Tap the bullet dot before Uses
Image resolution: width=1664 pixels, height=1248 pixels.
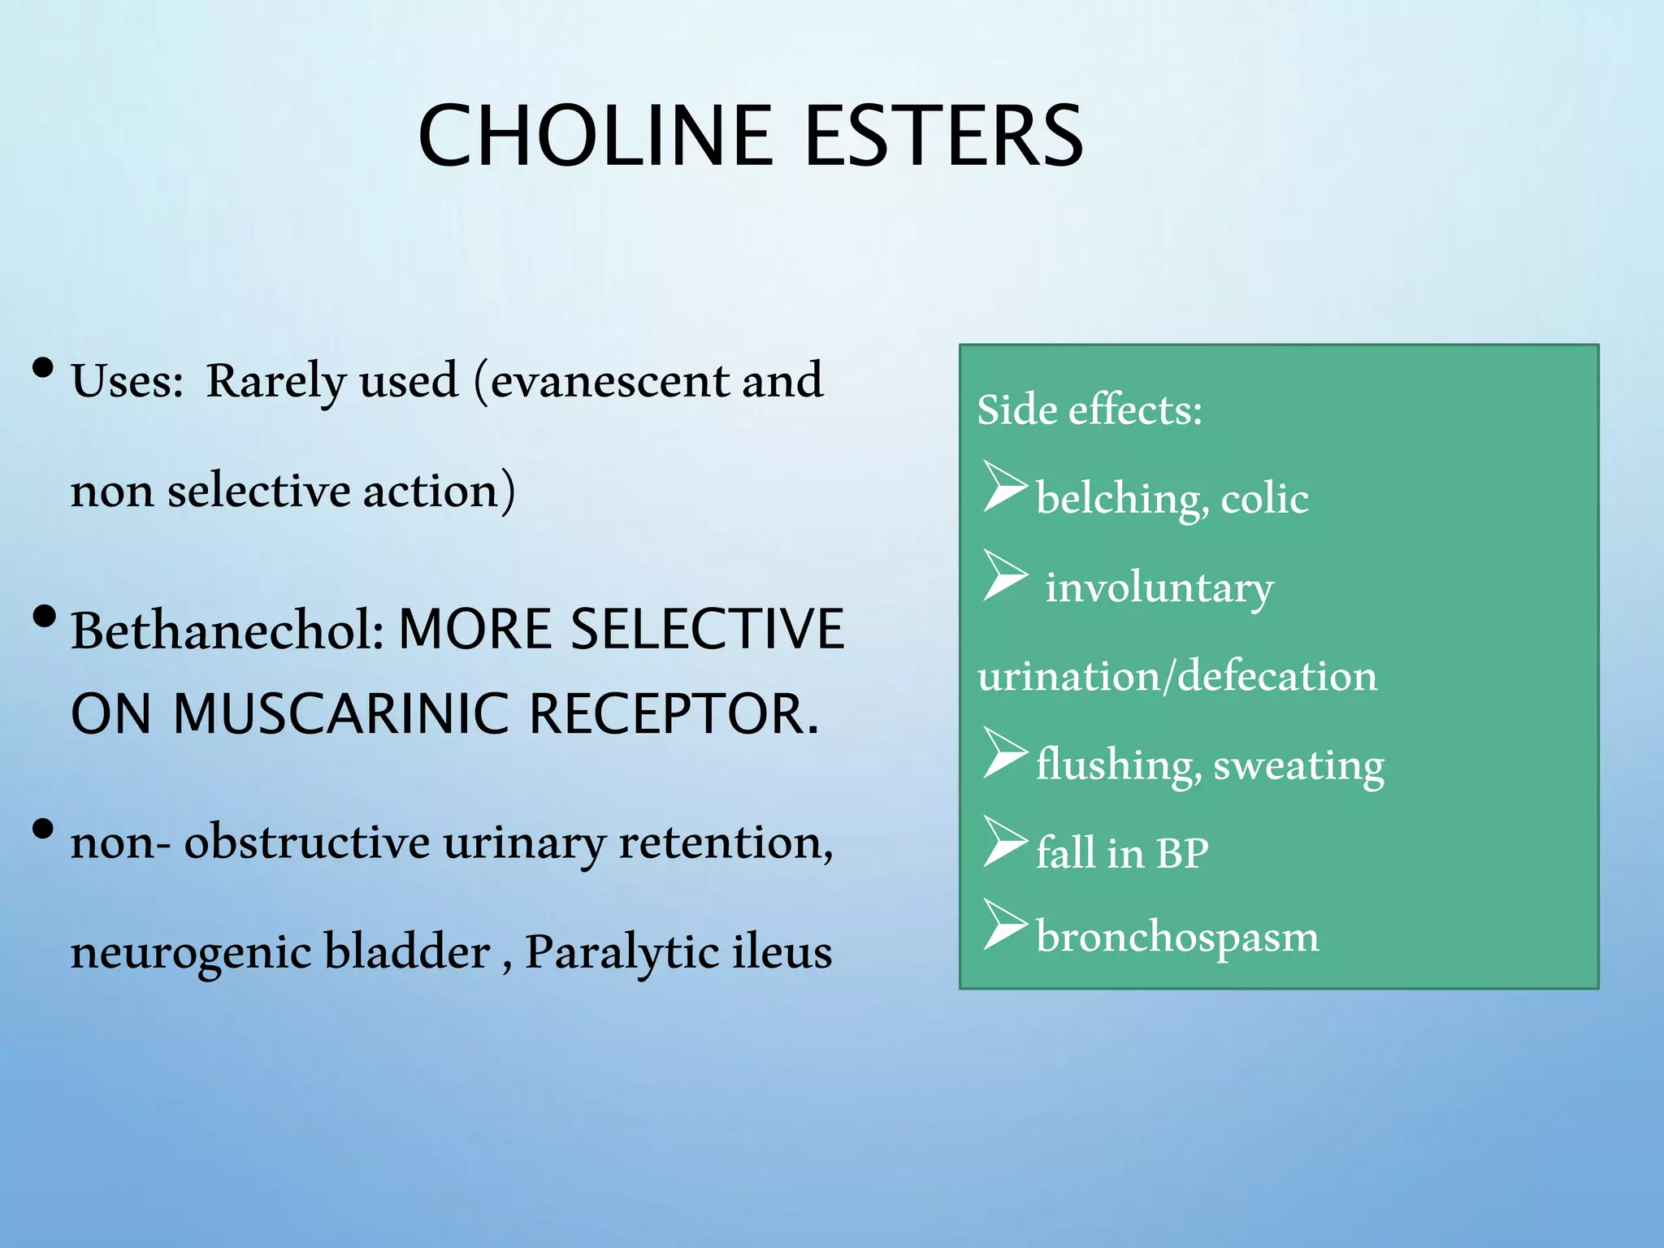click(x=43, y=370)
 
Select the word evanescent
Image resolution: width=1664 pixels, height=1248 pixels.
click(x=610, y=381)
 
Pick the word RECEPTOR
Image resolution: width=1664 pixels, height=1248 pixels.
click(x=674, y=713)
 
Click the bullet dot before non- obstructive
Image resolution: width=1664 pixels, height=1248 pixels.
click(x=43, y=830)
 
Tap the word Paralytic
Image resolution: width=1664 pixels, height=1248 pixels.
click(x=620, y=952)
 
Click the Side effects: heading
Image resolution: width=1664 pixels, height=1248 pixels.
click(x=1089, y=409)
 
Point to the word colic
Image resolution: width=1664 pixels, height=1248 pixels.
click(x=1264, y=499)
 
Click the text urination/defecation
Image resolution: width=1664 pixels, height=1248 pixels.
click(x=1176, y=677)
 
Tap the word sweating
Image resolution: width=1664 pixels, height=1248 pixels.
click(x=1298, y=765)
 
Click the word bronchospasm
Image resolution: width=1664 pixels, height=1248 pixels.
click(x=1176, y=938)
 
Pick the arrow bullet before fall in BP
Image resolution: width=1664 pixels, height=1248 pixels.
click(x=1004, y=841)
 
